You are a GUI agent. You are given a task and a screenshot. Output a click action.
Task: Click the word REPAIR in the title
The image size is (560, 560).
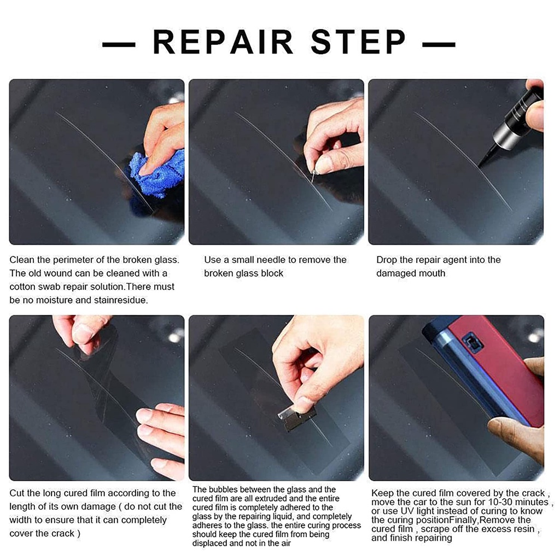click(x=223, y=42)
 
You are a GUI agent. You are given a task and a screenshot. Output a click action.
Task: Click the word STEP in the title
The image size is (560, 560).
click(x=358, y=42)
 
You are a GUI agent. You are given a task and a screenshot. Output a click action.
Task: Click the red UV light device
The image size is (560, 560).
click(x=497, y=368)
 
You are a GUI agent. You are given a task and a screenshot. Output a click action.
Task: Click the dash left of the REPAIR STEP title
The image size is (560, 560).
click(x=119, y=45)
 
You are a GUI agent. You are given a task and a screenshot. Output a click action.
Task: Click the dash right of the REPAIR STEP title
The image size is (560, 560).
click(x=439, y=45)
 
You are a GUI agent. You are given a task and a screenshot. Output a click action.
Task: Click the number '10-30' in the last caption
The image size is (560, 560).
click(x=500, y=502)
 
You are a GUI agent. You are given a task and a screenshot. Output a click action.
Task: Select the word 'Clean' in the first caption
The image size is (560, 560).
click(x=22, y=260)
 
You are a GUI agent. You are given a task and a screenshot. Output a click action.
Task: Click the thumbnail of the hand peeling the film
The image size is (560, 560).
click(x=97, y=398)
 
